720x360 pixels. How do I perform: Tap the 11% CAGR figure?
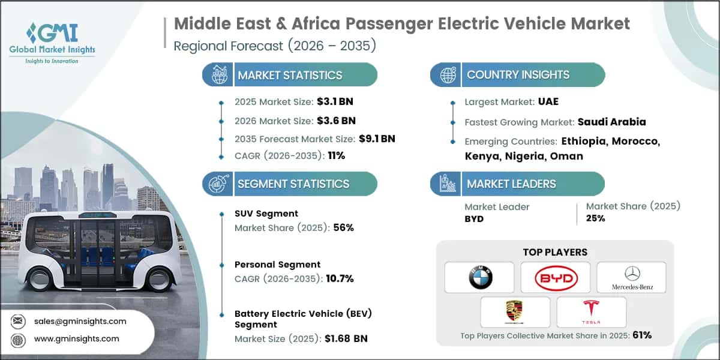tap(336, 155)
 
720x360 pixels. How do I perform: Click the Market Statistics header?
tap(290, 75)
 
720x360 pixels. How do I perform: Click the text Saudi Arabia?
tap(611, 122)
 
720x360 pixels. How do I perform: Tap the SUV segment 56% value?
tap(344, 227)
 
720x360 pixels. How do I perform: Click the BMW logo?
tap(479, 277)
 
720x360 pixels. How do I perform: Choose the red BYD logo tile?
tap(556, 277)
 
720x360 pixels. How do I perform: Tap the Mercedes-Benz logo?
tap(631, 277)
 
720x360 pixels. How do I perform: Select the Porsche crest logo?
tap(515, 311)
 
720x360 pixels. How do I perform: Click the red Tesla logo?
tap(591, 311)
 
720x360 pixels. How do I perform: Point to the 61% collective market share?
tap(641, 335)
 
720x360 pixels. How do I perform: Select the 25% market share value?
tap(595, 218)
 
